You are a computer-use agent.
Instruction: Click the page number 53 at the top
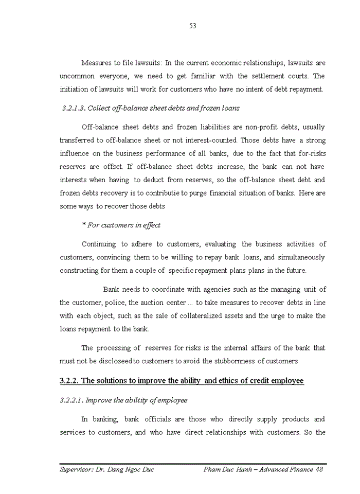click(x=193, y=26)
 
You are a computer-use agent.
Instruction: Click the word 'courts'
click(x=299, y=76)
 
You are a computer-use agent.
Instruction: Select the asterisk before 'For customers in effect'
click(x=83, y=225)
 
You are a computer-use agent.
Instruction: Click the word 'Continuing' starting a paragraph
click(x=98, y=244)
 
